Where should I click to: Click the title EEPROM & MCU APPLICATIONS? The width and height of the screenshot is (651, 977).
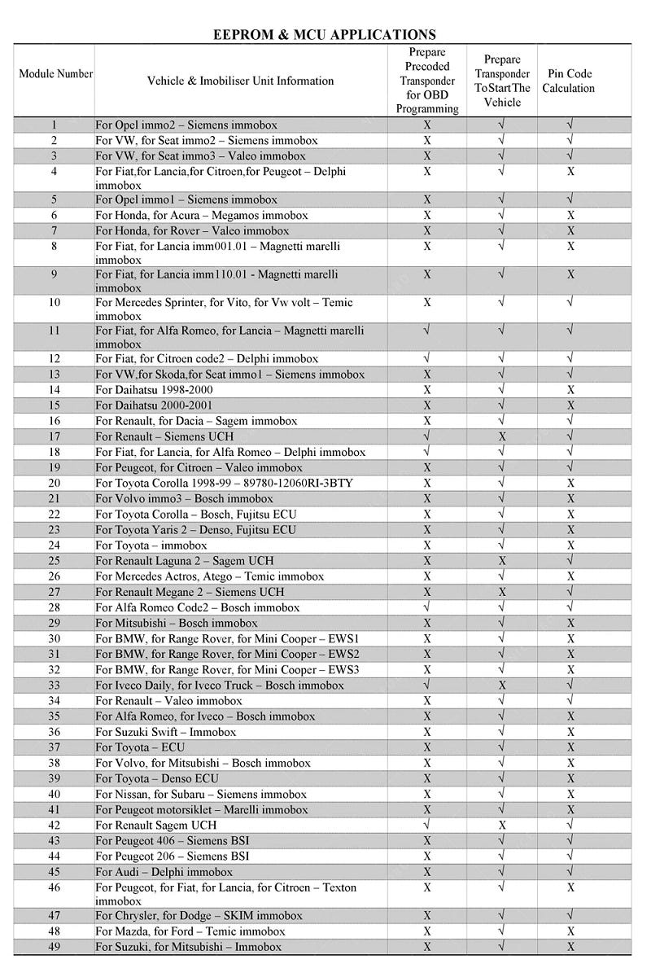(x=324, y=34)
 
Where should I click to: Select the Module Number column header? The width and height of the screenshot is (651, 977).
(x=55, y=74)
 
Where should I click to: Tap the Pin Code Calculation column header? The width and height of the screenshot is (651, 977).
(x=569, y=81)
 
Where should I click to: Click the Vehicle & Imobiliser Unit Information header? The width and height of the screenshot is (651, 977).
(x=240, y=81)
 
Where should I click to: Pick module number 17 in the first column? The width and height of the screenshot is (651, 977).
(x=55, y=436)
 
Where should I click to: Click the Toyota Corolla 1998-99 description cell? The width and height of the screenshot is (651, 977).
(x=224, y=483)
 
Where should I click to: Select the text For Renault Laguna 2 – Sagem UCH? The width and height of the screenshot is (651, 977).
(x=184, y=561)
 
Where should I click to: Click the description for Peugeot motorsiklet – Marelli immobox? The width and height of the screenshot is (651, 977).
(x=202, y=809)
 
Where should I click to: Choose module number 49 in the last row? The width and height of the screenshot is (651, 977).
(x=55, y=947)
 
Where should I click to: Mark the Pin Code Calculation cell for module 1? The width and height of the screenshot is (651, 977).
(x=570, y=125)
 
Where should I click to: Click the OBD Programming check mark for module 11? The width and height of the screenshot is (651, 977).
(x=427, y=331)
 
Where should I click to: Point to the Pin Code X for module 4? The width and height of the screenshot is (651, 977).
(x=570, y=172)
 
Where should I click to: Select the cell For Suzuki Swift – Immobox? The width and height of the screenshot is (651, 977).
(x=166, y=732)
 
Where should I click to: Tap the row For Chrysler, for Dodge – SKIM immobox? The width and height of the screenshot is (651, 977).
(x=199, y=916)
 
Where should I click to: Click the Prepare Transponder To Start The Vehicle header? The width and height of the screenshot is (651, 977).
(x=502, y=81)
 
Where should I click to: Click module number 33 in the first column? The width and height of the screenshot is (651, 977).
(x=55, y=685)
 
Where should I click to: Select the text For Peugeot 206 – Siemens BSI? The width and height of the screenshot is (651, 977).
(x=172, y=856)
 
